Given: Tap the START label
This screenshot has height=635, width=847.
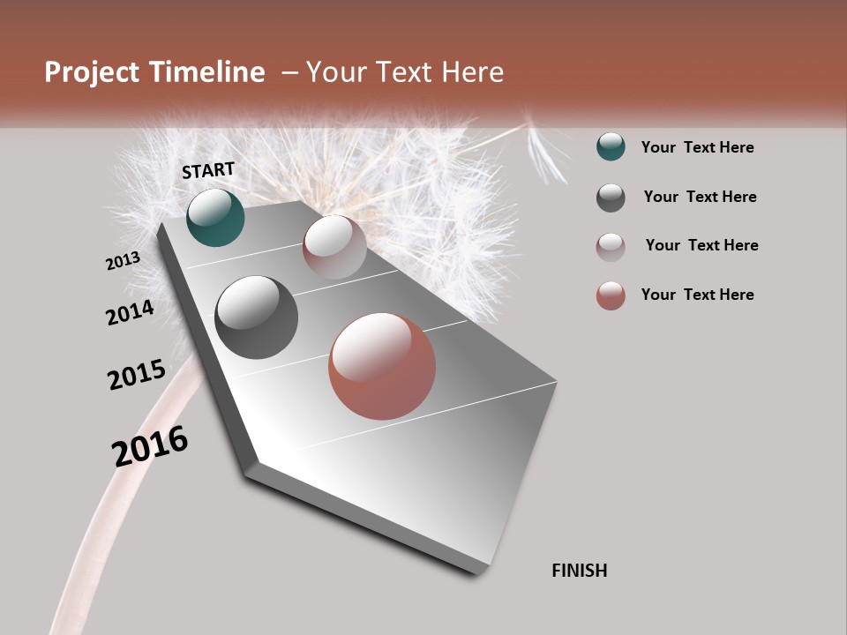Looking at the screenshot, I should (208, 170).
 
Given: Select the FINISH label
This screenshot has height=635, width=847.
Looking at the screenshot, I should (580, 571).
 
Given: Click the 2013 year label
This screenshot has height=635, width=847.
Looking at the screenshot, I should (123, 261).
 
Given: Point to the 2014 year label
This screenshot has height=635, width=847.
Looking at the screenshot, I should (130, 313).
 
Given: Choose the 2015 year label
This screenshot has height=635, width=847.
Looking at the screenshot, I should (137, 375).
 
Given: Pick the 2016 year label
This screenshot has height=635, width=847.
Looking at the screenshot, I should (150, 446).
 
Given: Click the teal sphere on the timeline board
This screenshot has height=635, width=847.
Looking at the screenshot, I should (215, 217).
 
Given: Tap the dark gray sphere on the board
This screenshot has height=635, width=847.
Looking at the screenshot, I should (257, 317).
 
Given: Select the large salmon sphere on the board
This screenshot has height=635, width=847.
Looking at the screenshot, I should (382, 366).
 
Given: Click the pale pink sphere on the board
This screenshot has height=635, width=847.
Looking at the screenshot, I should (334, 247).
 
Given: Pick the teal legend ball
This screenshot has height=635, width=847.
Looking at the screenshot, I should (611, 147).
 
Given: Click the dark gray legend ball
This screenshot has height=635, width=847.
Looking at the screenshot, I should (611, 198).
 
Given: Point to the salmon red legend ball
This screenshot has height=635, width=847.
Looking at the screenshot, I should (611, 295).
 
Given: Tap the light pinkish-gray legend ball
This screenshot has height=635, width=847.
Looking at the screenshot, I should (611, 246).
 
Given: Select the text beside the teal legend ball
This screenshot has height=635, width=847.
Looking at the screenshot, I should (697, 147).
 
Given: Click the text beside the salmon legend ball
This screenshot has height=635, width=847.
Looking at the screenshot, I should (697, 295).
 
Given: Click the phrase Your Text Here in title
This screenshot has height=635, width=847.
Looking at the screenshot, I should (405, 72).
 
